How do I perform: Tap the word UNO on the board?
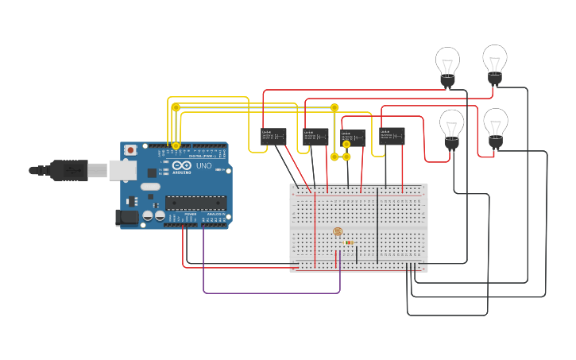coord(203,166)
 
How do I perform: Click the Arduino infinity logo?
coord(182,166)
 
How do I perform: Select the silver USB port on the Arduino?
coord(122,169)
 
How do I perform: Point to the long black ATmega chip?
coord(195,203)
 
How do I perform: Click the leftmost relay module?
coord(273,137)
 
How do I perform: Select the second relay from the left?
coord(315,137)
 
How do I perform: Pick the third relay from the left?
coord(353,138)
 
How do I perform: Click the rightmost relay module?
coord(392,135)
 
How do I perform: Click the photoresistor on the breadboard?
coord(337,232)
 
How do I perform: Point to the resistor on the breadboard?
coord(350,242)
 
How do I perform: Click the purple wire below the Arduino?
coord(270,293)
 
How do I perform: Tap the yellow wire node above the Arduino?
coord(176,107)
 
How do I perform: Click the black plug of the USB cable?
coord(68,169)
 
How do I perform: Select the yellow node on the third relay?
coord(346,145)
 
